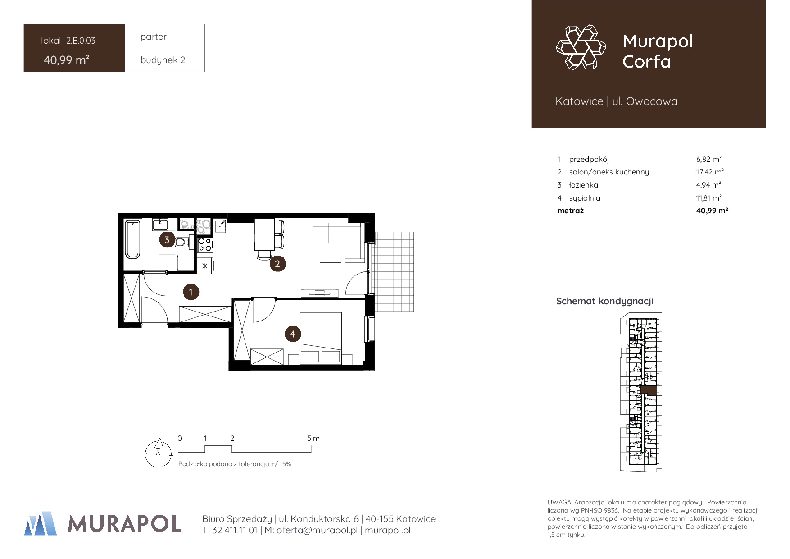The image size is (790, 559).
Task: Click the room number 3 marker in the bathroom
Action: pos(167,240)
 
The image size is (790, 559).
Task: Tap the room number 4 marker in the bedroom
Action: pos(292,334)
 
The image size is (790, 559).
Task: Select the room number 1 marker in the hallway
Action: pos(191,292)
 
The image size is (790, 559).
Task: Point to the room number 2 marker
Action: pos(277,264)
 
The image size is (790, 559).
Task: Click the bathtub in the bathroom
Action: pos(132,239)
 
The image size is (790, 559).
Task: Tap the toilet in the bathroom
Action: pos(181,243)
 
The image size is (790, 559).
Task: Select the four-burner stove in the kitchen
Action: pos(205,244)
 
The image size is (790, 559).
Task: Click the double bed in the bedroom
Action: pos(320,338)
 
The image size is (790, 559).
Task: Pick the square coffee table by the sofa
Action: pos(330,255)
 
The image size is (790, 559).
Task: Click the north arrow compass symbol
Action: pos(158,453)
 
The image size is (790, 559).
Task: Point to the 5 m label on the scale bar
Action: pos(313,438)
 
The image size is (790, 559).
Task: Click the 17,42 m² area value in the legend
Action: pos(709,172)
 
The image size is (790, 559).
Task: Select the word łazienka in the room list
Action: pos(583,185)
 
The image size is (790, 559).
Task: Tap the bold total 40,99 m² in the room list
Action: pos(712,211)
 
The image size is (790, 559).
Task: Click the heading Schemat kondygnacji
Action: pos(604,301)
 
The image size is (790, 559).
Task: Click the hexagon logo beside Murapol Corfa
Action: pos(581,47)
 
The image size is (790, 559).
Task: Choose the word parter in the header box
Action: pos(154,37)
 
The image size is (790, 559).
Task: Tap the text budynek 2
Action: pos(163,60)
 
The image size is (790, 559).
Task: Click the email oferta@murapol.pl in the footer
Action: pos(317,530)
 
